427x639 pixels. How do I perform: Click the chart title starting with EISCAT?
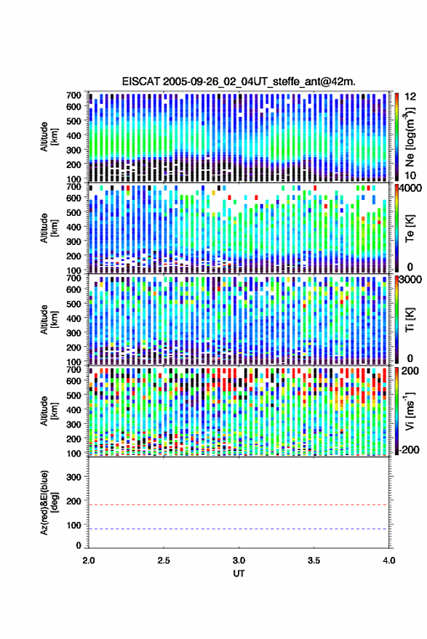click(239, 81)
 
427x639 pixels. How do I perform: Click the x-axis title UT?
click(239, 574)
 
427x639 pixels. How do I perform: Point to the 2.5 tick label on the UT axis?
click(164, 560)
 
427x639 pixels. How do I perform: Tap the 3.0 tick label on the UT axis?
click(239, 560)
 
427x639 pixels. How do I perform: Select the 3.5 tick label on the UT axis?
click(314, 560)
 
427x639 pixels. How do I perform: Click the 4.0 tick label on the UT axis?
click(388, 560)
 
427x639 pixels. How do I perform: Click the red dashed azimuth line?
click(238, 505)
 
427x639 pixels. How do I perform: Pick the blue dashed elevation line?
click(238, 529)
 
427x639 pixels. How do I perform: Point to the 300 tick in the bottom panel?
click(73, 477)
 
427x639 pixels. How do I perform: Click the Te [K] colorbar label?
click(410, 228)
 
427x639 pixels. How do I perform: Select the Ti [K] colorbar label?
click(410, 320)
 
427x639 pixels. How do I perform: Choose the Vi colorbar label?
click(410, 411)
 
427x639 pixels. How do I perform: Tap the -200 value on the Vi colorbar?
click(409, 449)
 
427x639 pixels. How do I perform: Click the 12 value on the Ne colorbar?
click(411, 97)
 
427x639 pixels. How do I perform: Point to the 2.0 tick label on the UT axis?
click(89, 560)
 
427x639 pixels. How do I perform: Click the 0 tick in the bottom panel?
click(79, 545)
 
